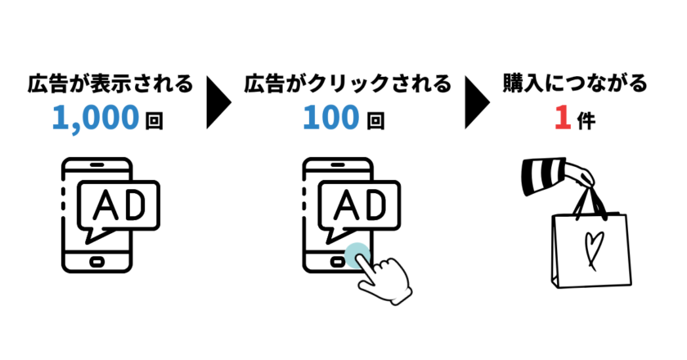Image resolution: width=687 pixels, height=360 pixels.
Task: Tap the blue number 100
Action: [x=330, y=119]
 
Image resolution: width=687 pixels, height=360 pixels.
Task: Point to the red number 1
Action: [x=562, y=119]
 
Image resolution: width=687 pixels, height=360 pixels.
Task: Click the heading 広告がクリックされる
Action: [x=347, y=83]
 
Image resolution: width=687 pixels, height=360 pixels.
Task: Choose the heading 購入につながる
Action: [x=575, y=83]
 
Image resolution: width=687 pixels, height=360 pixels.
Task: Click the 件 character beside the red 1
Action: [x=586, y=121]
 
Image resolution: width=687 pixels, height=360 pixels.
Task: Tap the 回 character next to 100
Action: [x=375, y=122]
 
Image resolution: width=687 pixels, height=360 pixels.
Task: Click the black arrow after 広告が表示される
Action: [x=218, y=102]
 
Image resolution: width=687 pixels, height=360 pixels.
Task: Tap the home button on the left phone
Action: [x=97, y=263]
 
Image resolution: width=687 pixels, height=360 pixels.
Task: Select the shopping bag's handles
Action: [x=590, y=200]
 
